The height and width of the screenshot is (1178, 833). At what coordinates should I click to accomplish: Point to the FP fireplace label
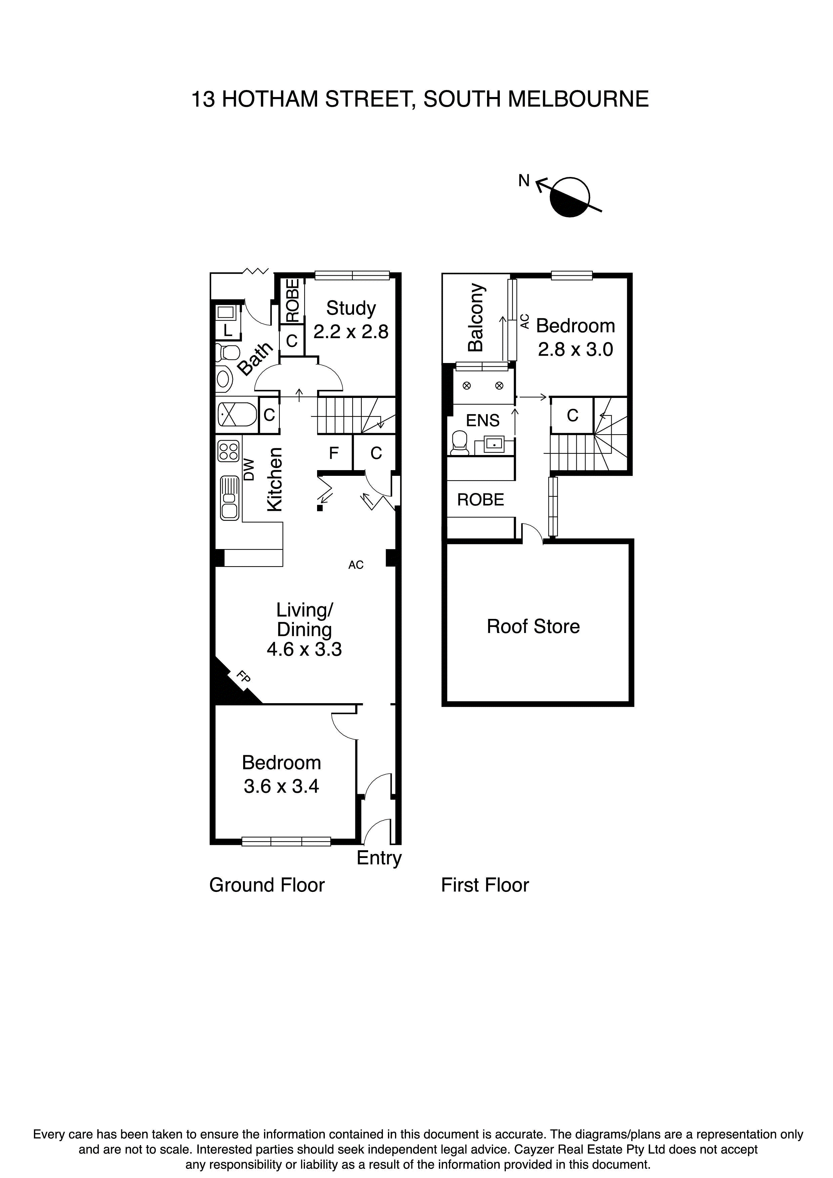click(x=243, y=677)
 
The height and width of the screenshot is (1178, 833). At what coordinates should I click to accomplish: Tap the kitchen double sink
click(x=229, y=498)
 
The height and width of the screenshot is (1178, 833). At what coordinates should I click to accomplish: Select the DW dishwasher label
click(x=249, y=469)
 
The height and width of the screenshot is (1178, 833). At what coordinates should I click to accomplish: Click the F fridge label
click(x=334, y=453)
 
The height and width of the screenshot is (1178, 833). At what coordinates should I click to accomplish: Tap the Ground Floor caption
click(x=267, y=885)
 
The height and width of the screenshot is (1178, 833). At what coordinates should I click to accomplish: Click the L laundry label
click(x=227, y=330)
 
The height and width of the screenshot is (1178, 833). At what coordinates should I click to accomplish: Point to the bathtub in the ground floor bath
click(x=236, y=414)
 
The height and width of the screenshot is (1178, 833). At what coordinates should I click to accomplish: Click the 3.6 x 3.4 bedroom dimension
click(x=281, y=786)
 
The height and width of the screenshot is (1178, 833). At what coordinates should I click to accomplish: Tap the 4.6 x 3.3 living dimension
click(x=304, y=649)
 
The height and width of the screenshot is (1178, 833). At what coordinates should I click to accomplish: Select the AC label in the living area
click(x=356, y=565)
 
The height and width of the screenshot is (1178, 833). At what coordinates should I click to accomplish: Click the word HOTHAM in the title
click(x=270, y=99)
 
